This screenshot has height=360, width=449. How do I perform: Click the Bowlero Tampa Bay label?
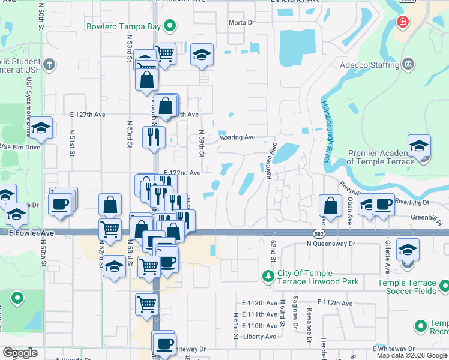(x=124, y=26)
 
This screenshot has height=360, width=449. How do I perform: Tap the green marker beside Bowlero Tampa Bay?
(x=170, y=26)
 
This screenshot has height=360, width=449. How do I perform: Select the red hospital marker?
(x=402, y=22)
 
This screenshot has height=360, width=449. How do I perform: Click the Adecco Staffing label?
(x=369, y=65)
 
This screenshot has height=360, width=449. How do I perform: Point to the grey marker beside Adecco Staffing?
(x=408, y=63)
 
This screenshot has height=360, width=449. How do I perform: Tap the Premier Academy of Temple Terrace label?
(x=381, y=157)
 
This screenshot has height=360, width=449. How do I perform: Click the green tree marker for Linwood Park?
(x=268, y=277)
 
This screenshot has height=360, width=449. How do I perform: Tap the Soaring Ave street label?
(x=238, y=137)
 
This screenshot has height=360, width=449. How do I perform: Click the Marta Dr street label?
(x=242, y=23)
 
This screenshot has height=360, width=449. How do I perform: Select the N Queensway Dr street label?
(x=331, y=244)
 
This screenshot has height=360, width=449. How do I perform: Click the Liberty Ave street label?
(x=259, y=337)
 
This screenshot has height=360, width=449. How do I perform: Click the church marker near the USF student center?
(x=49, y=64)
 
